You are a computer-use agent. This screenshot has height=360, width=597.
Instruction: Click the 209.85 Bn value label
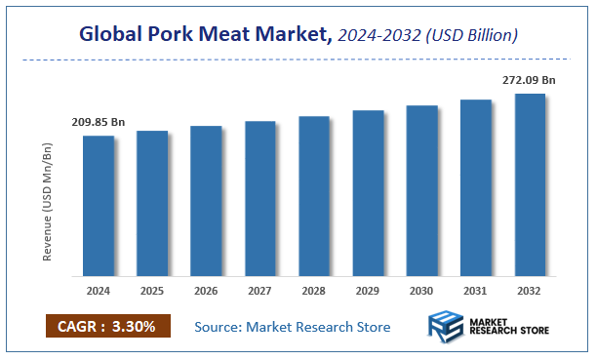(x=99, y=122)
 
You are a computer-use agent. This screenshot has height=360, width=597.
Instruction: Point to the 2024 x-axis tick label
(x=99, y=290)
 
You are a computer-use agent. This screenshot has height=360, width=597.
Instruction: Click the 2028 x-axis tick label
(x=314, y=290)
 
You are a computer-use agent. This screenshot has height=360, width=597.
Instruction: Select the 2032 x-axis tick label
(x=530, y=290)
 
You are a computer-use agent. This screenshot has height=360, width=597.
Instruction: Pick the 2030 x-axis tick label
(x=421, y=290)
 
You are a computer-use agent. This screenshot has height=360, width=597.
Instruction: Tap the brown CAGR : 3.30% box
(x=107, y=326)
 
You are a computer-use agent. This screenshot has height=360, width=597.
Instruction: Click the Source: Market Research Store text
(x=293, y=326)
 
